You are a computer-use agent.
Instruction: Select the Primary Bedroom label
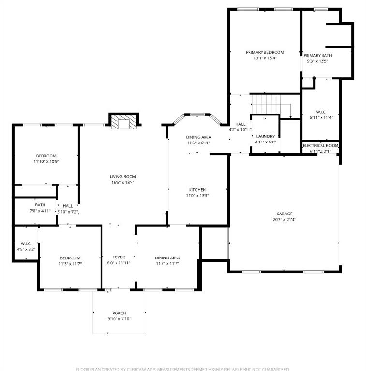[264, 52]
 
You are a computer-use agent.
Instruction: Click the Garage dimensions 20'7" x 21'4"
[284, 220]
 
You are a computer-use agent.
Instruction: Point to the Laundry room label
[265, 136]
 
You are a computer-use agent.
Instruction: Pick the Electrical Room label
[321, 145]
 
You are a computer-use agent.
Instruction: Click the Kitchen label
[197, 189]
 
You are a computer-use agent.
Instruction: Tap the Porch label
[119, 313]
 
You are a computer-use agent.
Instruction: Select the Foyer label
[118, 257]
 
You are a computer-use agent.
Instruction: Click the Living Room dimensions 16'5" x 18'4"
[122, 183]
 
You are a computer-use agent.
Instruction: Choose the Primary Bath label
[318, 55]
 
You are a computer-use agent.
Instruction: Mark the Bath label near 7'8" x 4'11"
[40, 205]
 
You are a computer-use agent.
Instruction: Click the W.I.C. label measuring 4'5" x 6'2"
[25, 243]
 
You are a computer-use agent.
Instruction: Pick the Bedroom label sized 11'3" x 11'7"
[70, 258]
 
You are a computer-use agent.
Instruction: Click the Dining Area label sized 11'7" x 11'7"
[167, 258]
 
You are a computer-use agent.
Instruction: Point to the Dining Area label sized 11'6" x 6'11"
[198, 137]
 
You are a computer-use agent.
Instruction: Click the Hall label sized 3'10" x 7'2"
[68, 205]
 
